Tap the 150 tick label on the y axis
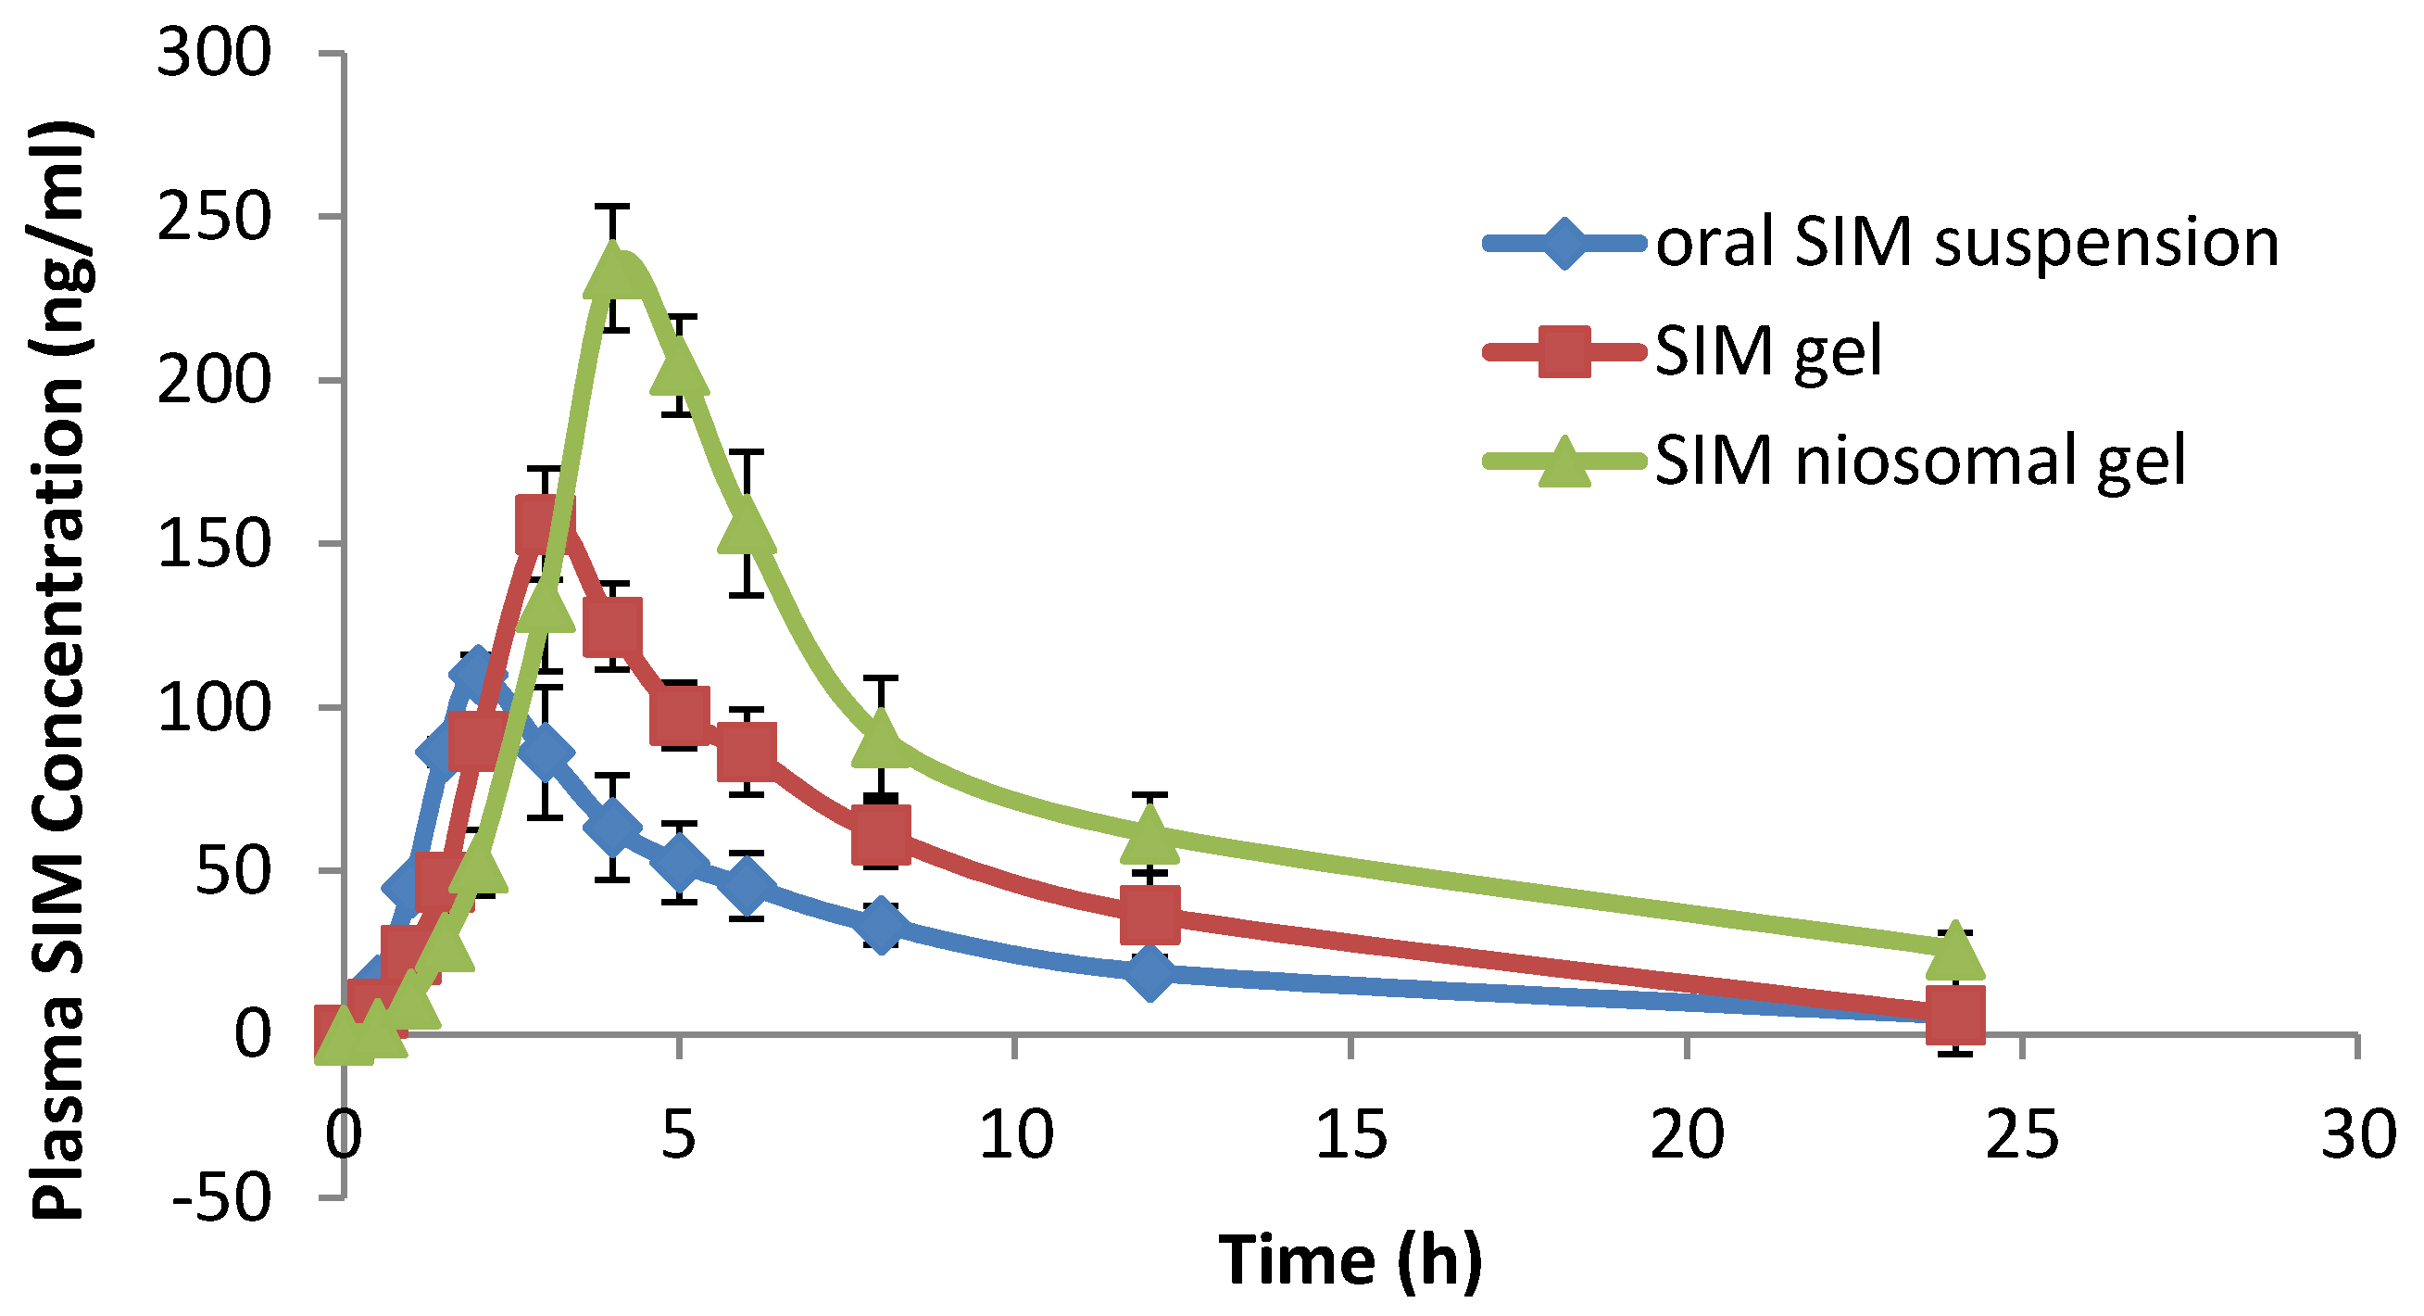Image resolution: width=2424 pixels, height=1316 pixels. [x=214, y=543]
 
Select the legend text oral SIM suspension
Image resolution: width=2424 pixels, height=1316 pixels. [x=1966, y=243]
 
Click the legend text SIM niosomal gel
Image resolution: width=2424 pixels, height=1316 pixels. [x=1919, y=462]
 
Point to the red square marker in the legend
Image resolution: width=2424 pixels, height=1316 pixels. [x=1564, y=352]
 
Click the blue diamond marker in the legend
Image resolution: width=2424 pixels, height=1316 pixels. [x=1564, y=244]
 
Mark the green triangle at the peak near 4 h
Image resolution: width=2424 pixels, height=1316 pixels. [x=613, y=271]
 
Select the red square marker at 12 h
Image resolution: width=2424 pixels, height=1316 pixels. [x=1149, y=914]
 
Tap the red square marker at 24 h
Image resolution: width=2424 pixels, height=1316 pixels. [x=1955, y=1015]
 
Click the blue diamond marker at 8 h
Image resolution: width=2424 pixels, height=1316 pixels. [x=881, y=925]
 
